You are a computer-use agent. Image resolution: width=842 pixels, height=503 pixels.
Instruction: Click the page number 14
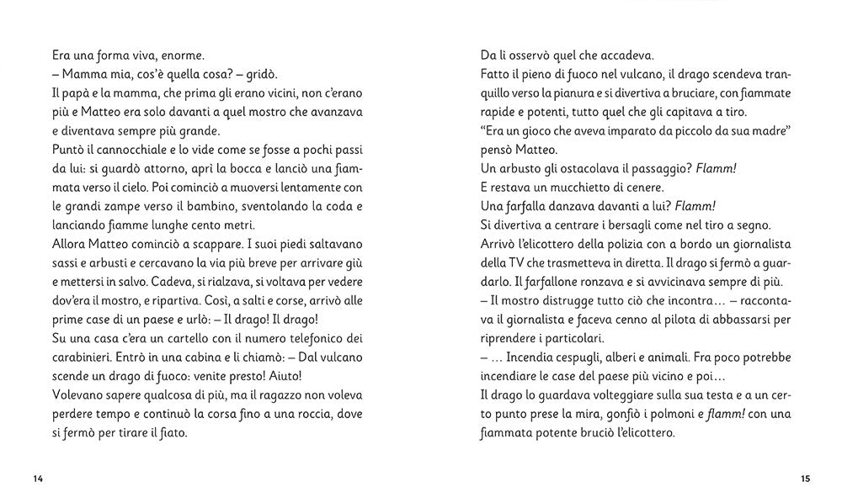click(x=37, y=479)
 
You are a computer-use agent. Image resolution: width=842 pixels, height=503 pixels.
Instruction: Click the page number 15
click(x=805, y=479)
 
